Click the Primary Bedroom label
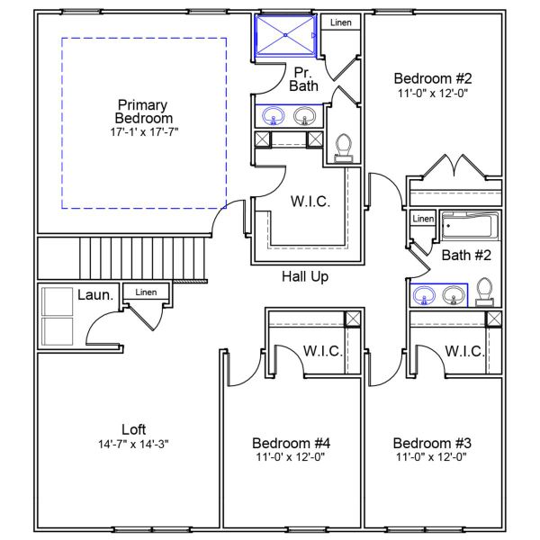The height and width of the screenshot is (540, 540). (x=144, y=111)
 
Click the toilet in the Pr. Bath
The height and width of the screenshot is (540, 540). (x=343, y=147)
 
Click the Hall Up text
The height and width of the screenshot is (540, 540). (x=304, y=276)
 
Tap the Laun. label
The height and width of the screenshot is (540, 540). (x=94, y=294)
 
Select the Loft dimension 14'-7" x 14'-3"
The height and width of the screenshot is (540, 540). (x=133, y=444)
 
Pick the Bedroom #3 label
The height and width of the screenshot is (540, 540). (x=432, y=443)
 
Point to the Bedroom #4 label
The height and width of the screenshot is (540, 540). (x=291, y=443)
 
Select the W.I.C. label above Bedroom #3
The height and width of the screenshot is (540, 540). (x=464, y=350)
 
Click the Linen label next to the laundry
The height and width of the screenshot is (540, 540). (x=145, y=292)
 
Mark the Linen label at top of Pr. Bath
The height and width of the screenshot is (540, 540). (x=341, y=22)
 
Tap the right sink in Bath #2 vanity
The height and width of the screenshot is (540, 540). (x=454, y=294)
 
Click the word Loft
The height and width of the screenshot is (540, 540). (x=133, y=429)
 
